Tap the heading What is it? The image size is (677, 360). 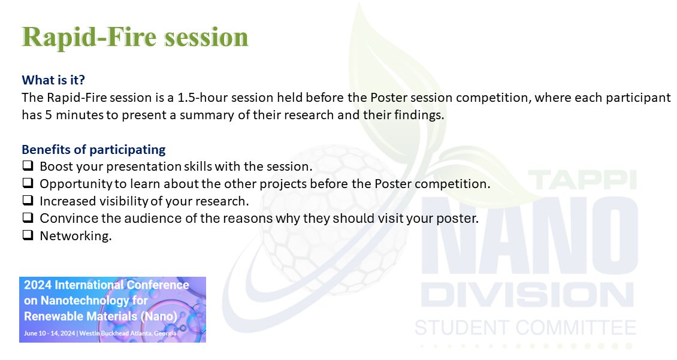[x=53, y=80]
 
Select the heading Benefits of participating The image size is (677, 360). [x=93, y=150]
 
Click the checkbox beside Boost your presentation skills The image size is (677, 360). [x=28, y=166]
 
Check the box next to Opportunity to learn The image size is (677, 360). [x=28, y=183]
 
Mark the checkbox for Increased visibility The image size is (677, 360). [x=28, y=200]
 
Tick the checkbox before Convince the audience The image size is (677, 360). [x=28, y=217]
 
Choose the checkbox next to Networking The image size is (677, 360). [x=28, y=235]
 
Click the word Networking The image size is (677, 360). [x=75, y=235]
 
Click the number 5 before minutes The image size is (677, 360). [x=49, y=115]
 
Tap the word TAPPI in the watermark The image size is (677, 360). [x=582, y=180]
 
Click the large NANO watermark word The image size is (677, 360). [x=530, y=235]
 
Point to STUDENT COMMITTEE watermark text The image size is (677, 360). [x=525, y=328]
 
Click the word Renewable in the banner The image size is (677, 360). [x=52, y=316]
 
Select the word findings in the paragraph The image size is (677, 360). [x=419, y=115]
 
